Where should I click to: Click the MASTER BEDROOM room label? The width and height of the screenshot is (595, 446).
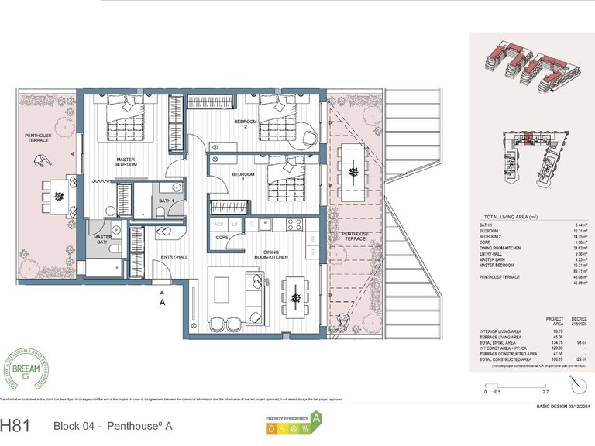[x=126, y=162]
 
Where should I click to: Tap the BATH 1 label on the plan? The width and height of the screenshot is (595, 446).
[x=166, y=201]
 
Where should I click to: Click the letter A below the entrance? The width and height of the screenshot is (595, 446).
[x=162, y=304]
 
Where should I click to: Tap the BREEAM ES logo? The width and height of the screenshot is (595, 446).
[x=26, y=369]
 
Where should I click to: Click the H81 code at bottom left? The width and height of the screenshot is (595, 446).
[x=17, y=425]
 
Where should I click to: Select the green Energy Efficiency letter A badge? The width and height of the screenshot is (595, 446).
[x=315, y=420]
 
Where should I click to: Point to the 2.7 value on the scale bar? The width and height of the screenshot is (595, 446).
[x=524, y=392]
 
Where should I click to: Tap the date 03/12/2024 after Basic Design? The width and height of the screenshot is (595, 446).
[x=575, y=406]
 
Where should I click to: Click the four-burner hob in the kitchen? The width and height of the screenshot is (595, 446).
[x=294, y=225]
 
